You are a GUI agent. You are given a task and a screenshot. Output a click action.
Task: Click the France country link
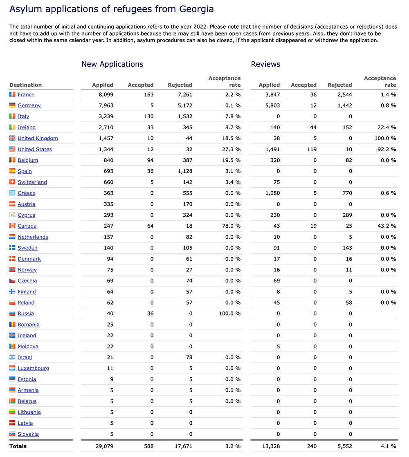coord(26,94)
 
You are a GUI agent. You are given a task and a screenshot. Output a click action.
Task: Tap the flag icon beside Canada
coord(12,226)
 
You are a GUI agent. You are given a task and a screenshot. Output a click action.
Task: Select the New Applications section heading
coord(112,64)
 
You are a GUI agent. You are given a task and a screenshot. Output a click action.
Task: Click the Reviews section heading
coord(265,64)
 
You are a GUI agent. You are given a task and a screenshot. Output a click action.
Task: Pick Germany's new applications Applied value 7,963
coord(103,105)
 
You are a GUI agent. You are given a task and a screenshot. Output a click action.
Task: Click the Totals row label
coord(18,446)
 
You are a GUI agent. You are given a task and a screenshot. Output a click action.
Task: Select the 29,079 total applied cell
coord(103,446)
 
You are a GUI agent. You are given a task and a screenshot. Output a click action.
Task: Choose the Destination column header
coord(25,85)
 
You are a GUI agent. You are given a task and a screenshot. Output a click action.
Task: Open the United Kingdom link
coord(38,138)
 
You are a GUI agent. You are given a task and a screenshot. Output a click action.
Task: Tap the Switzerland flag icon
coord(12,182)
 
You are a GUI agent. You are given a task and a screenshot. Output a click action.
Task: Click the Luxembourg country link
coord(33,368)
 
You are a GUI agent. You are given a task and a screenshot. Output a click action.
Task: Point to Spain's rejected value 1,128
coord(182,171)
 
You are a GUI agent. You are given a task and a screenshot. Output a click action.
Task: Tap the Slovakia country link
coord(28,434)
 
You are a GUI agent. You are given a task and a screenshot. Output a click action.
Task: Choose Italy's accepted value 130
coord(148,116)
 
